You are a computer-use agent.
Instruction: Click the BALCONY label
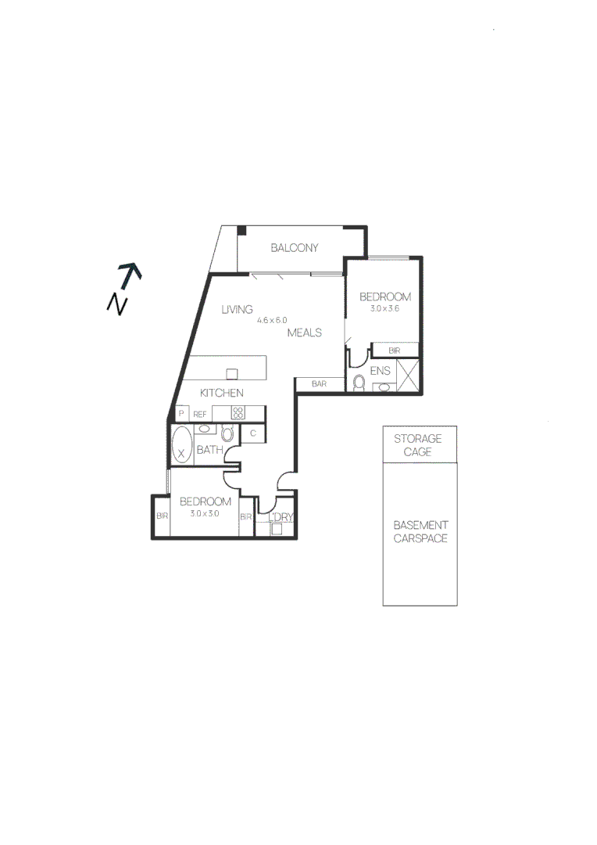coord(295,248)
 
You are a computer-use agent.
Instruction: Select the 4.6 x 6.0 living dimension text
coord(273,320)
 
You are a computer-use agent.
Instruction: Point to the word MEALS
coord(305,333)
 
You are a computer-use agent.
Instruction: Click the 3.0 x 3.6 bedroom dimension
coord(384,308)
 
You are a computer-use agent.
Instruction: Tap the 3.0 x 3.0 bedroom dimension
coord(205,514)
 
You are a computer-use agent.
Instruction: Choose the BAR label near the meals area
coord(319,384)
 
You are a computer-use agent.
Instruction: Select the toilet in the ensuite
coord(359,383)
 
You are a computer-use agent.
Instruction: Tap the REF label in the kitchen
coord(200,414)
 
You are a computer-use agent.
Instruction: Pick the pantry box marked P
coord(181,413)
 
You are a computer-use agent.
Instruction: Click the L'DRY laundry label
coord(281,517)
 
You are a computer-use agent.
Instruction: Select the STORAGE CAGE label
coord(417,445)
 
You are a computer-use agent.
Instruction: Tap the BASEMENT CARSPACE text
coord(420,532)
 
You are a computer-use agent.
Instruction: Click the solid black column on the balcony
coord(242,229)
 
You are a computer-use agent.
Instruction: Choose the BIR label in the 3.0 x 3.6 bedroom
coord(395,351)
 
